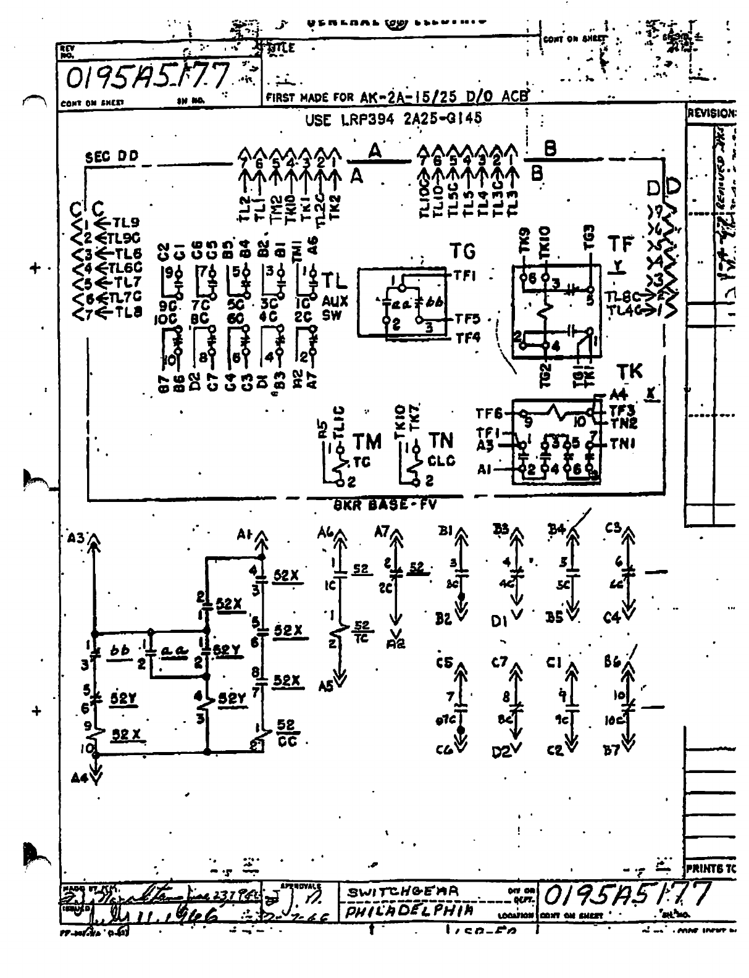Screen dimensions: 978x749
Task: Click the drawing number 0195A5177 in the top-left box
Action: coord(147,76)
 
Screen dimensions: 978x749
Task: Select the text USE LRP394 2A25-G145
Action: coord(393,119)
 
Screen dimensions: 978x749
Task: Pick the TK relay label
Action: coord(629,372)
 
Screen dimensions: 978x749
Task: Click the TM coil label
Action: coord(368,442)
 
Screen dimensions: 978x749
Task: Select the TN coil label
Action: coord(441,441)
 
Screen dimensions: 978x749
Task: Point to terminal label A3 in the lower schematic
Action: coord(77,537)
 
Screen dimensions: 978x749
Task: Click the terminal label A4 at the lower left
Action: coord(79,777)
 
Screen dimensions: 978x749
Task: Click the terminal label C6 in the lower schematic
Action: coord(443,751)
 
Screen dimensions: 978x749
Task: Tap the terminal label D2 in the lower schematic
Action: coord(501,751)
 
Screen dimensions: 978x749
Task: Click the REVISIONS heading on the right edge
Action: coord(711,114)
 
